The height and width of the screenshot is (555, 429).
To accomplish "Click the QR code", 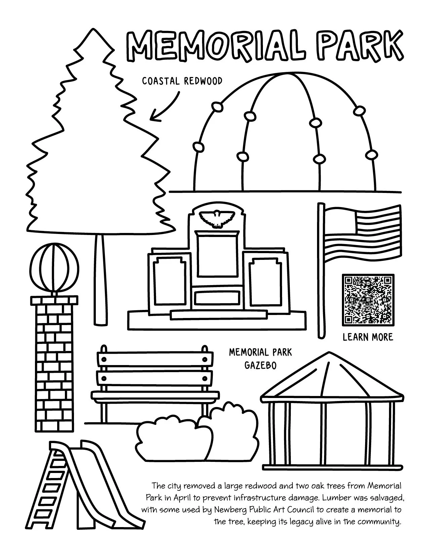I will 368,300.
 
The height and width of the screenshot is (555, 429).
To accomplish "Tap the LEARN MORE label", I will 368,337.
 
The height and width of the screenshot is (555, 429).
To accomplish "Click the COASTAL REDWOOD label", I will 182,81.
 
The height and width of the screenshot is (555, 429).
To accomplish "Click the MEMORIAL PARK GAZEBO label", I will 260,358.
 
